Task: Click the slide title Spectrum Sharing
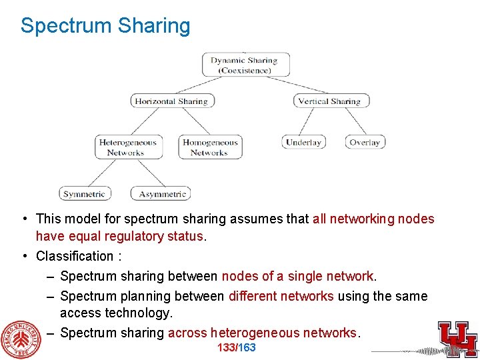[105, 25]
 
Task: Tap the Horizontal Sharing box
[171, 101]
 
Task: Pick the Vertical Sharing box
[331, 101]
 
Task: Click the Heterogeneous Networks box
[127, 147]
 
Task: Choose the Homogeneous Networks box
[210, 147]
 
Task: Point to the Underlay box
[303, 142]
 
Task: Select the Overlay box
[365, 142]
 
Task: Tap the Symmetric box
[84, 194]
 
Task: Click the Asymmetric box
[162, 194]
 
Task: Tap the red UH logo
[457, 338]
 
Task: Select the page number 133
[226, 348]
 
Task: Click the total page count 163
[247, 348]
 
